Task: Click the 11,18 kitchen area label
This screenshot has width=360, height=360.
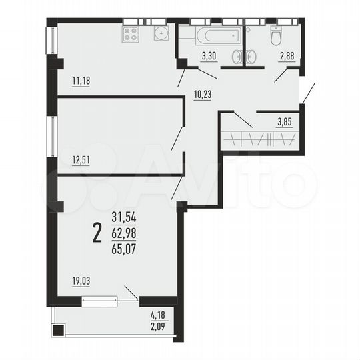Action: pos(81,81)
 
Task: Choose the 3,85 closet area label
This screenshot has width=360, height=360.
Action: pos(285,122)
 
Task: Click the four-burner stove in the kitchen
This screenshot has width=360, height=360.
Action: pos(131,35)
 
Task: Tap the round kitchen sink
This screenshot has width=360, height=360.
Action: pos(161,34)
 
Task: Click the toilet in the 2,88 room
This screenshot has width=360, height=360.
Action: pos(275,36)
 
